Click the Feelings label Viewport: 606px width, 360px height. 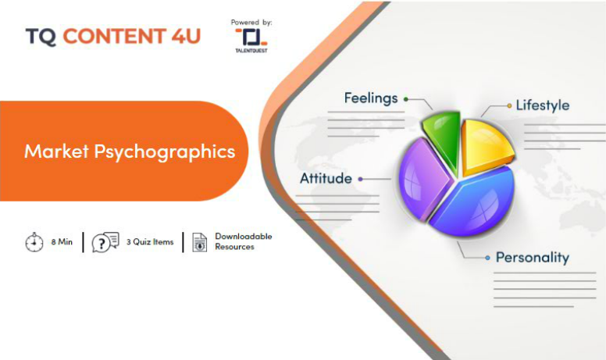tap(371, 98)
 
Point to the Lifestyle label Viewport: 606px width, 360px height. tap(543, 105)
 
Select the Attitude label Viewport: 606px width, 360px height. tap(326, 179)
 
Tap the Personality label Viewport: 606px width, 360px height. tap(532, 258)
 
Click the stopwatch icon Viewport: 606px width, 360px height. tap(34, 242)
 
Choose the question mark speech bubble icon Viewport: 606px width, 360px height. tap(105, 242)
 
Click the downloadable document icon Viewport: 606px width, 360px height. tap(199, 243)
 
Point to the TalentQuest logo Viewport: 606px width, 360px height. tap(251, 40)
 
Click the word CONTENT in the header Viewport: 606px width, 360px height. tap(115, 36)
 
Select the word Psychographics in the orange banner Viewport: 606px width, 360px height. tap(165, 151)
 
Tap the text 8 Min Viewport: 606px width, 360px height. tap(62, 242)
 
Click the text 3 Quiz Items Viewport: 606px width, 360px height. tap(150, 242)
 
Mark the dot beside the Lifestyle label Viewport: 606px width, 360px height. tap(509, 105)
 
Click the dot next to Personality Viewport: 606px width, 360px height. tap(488, 258)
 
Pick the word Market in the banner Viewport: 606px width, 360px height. tap(57, 151)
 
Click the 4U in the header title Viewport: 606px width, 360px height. tap(187, 36)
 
